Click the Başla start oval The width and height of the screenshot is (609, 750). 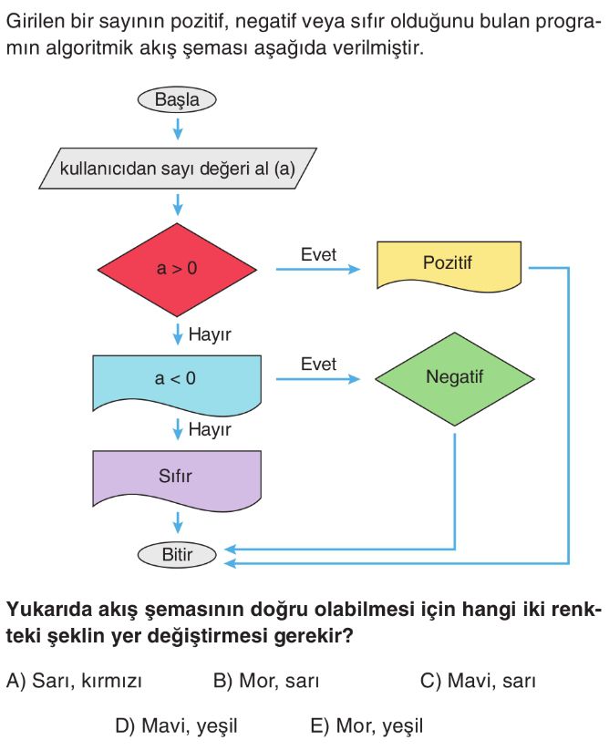177,100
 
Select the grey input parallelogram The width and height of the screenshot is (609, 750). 178,169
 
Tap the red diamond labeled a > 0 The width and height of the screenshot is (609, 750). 177,270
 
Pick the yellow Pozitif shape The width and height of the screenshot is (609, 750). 449,266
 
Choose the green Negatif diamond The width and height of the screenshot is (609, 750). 455,379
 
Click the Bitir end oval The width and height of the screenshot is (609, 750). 177,555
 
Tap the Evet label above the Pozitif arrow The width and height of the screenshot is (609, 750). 318,254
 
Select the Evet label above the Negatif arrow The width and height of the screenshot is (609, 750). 318,364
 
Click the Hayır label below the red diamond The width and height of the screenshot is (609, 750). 210,334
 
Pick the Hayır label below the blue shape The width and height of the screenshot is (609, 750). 210,429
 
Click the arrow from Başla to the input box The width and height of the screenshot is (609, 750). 178,128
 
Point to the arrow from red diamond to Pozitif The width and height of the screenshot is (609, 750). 318,270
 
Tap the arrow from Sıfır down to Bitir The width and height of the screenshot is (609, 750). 178,523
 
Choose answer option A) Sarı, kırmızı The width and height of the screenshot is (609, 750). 74,681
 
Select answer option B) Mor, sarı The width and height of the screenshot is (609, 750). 266,681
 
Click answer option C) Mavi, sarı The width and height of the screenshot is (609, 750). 478,681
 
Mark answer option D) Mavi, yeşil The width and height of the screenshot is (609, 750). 177,726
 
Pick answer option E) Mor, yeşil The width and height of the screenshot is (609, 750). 366,726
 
